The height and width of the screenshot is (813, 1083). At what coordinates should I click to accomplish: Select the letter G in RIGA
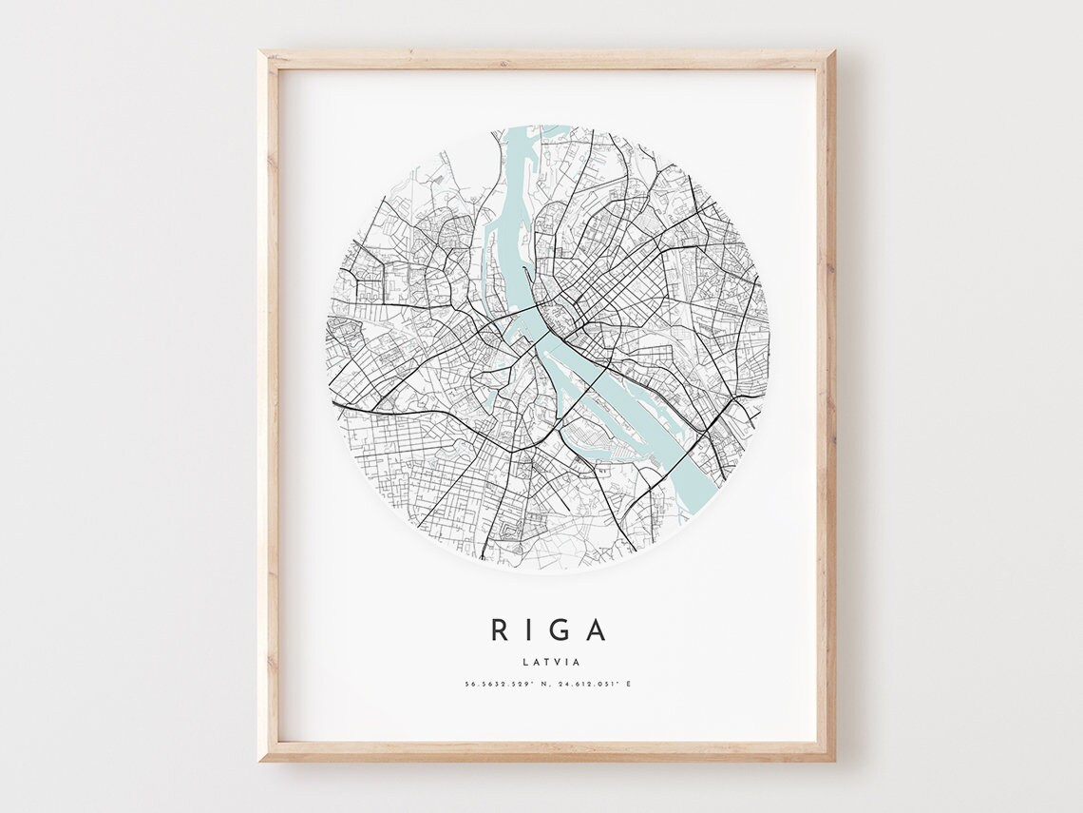click(x=561, y=629)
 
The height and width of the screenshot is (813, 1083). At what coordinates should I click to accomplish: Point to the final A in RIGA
click(x=596, y=629)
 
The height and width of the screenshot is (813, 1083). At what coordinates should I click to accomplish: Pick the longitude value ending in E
click(x=591, y=684)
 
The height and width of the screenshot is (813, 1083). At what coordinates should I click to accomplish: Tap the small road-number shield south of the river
click(x=601, y=470)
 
